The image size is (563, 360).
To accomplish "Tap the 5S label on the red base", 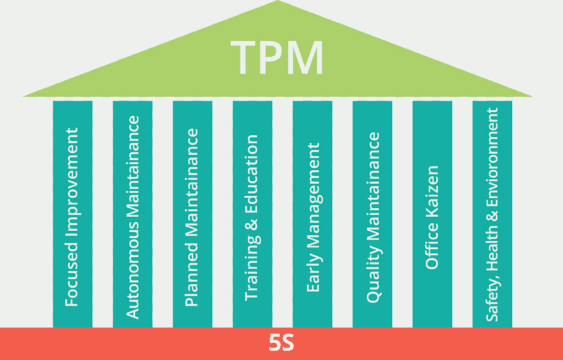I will [x=281, y=343].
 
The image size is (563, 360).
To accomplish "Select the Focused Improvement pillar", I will [x=73, y=214].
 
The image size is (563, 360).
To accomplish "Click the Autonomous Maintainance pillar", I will [x=133, y=214].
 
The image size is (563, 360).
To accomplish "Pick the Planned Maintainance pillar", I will [x=193, y=214].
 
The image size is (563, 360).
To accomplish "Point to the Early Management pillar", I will [x=313, y=214].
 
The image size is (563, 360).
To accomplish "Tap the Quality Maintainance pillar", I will [x=373, y=214].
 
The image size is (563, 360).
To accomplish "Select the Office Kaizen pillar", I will [x=433, y=214].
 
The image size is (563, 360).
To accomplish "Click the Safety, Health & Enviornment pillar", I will [x=493, y=214].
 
